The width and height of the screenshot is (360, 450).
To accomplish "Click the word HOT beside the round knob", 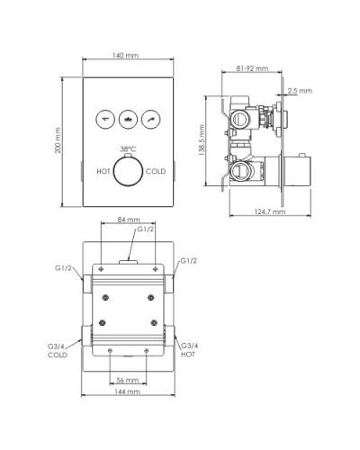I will pyautogui.click(x=105, y=169).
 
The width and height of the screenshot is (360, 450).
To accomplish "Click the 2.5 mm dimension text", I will pyautogui.click(x=301, y=91).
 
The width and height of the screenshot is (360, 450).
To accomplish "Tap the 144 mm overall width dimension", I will pyautogui.click(x=127, y=392).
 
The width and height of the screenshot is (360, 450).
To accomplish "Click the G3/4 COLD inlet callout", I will pyautogui.click(x=58, y=349).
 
